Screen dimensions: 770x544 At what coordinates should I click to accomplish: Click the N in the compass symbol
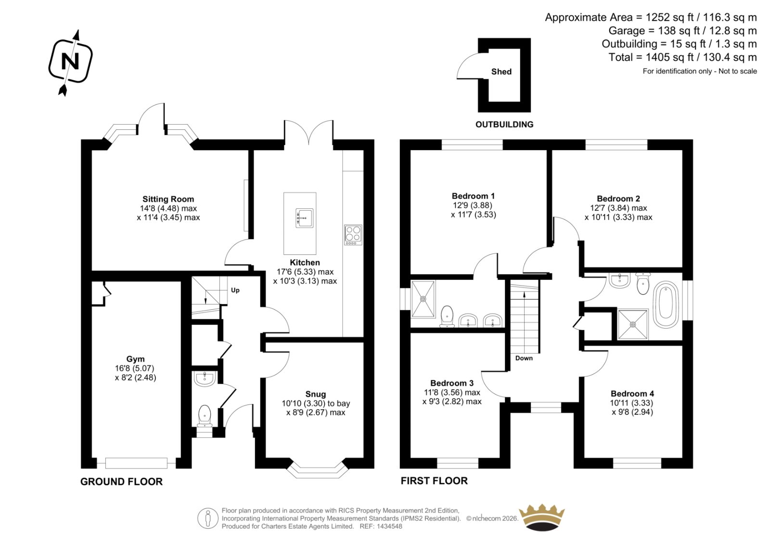click(x=70, y=62)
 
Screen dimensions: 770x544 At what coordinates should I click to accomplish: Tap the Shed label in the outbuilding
click(x=501, y=72)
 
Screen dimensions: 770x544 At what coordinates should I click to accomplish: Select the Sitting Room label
click(x=168, y=199)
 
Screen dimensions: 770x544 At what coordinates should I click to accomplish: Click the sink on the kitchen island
click(x=305, y=218)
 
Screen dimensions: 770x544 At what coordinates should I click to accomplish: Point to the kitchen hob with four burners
click(x=353, y=235)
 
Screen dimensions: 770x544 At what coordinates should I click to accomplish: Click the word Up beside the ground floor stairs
click(x=235, y=291)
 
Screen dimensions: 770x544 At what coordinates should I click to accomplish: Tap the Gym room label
click(x=135, y=359)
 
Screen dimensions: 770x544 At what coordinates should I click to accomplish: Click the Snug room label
click(x=316, y=394)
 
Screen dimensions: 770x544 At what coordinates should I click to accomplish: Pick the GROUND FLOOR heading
click(x=121, y=481)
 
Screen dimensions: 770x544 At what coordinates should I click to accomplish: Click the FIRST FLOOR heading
click(x=434, y=481)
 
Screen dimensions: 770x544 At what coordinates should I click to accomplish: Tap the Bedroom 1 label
click(x=473, y=196)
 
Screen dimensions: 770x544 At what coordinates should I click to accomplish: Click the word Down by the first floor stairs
click(x=524, y=358)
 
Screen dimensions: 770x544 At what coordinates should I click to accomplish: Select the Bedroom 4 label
click(x=632, y=393)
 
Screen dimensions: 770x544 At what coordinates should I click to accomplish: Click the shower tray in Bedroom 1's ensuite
click(x=423, y=299)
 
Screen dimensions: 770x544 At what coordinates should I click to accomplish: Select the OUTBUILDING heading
click(x=504, y=125)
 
